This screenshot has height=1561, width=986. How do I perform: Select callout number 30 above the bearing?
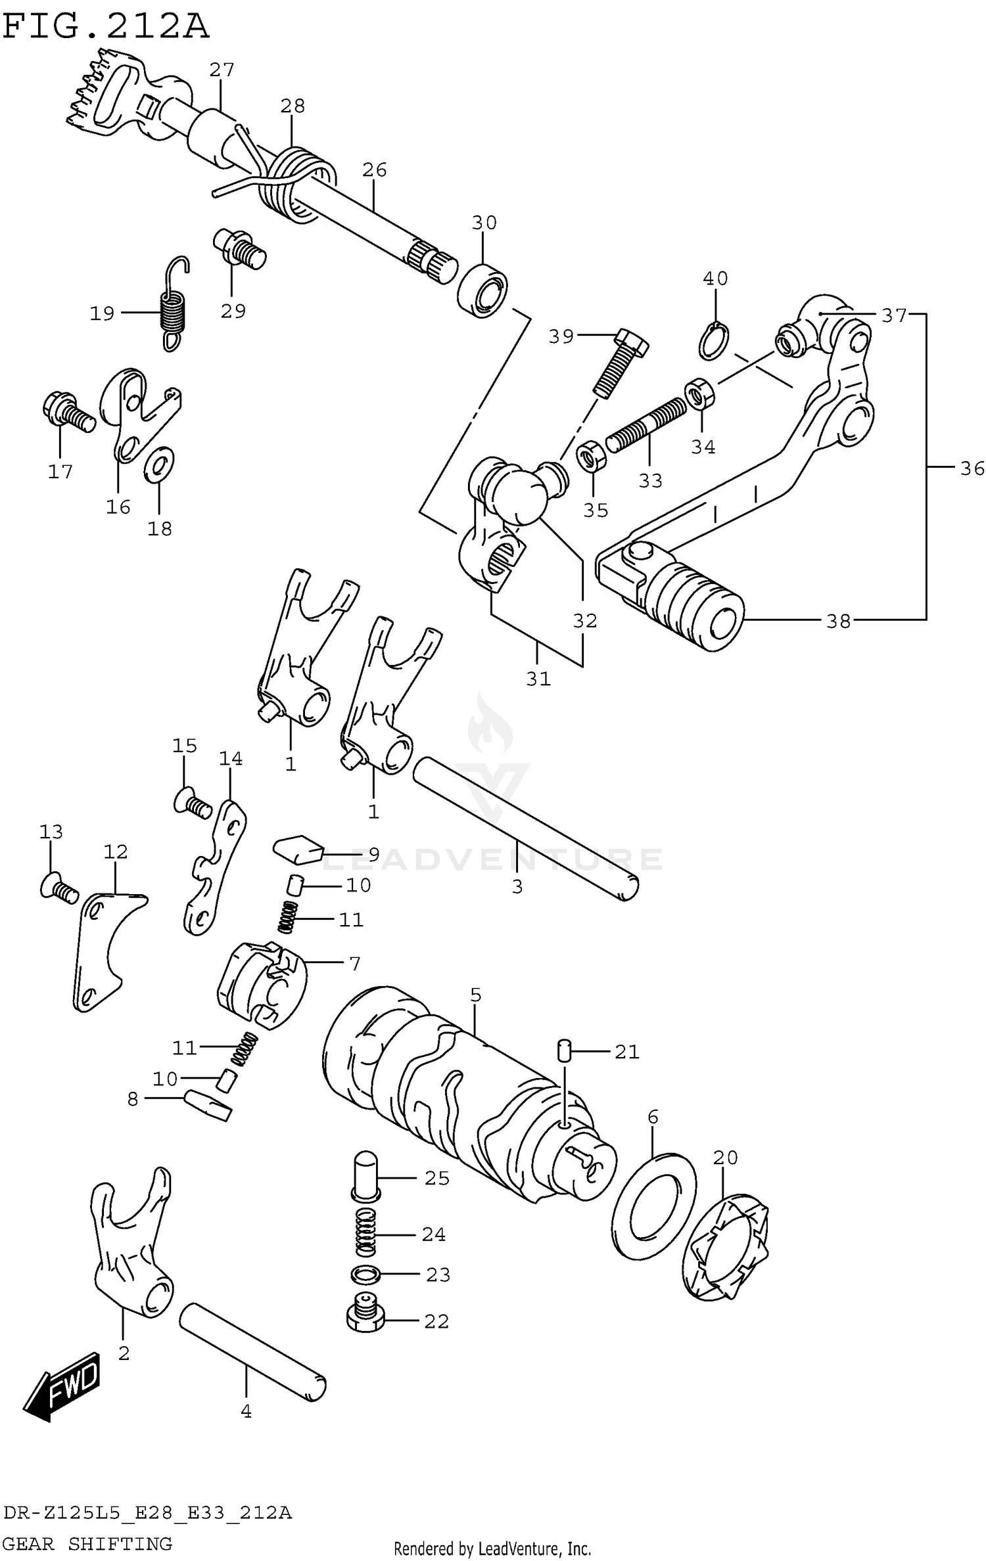click(x=484, y=223)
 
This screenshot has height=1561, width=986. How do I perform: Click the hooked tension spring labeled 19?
click(x=174, y=307)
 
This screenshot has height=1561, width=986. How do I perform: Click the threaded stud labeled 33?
click(x=646, y=425)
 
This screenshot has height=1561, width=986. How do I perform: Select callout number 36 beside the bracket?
click(x=972, y=468)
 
